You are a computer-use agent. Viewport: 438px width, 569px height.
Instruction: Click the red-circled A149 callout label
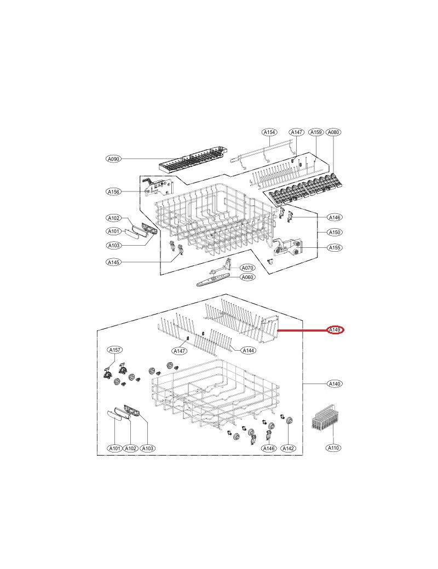point(335,330)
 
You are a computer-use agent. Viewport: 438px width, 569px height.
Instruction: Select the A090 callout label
point(114,159)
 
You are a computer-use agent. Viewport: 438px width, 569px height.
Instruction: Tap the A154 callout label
point(269,132)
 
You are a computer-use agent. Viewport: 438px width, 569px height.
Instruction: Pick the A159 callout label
point(316,132)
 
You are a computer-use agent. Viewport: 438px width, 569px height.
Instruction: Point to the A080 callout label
point(333,132)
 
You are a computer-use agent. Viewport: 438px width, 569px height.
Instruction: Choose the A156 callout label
point(114,191)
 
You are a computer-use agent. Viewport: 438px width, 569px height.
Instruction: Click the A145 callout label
point(114,262)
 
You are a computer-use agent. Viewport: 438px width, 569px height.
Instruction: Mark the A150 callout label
point(335,232)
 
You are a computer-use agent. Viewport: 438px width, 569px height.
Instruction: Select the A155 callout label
point(335,248)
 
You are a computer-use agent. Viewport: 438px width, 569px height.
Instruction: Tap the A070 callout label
point(247,268)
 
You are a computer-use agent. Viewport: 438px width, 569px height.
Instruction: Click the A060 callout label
point(247,277)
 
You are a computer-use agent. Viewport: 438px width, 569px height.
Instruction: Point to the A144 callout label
point(249,351)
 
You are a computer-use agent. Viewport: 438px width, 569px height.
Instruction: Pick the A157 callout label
point(115,350)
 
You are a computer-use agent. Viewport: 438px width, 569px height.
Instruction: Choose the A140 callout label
point(335,384)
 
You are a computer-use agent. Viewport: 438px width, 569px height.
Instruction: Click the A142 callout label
point(288,449)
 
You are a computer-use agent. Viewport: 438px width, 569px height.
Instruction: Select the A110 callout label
point(333,448)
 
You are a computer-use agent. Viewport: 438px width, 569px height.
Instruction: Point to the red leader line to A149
point(302,330)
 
